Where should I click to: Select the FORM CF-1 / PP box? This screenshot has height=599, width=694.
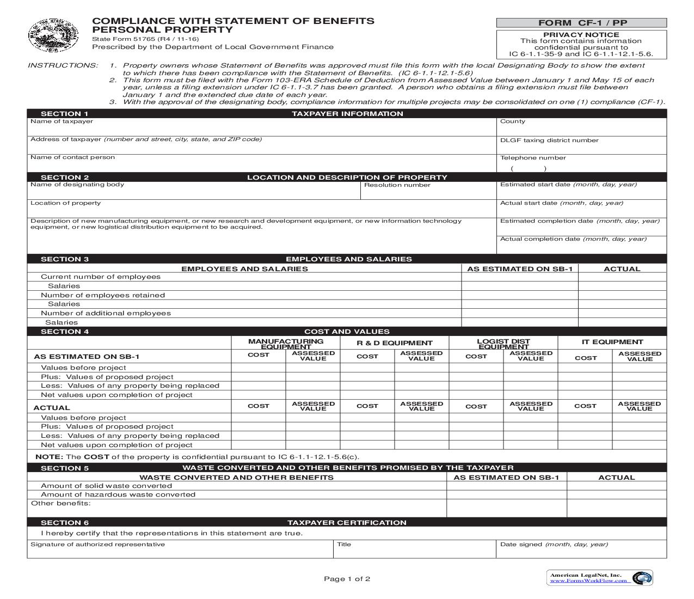[x=581, y=23]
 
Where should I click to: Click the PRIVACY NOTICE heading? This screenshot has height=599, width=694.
[x=581, y=34]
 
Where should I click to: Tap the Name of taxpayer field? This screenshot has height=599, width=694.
[x=261, y=130]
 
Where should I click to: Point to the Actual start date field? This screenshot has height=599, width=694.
[x=581, y=211]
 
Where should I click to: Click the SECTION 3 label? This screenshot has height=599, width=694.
[x=65, y=259]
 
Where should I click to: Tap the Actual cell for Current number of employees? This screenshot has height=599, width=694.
[x=622, y=277]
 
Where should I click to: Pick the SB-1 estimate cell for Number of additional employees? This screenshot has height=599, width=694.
[x=520, y=313]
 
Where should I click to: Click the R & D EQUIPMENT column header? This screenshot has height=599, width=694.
[x=395, y=343]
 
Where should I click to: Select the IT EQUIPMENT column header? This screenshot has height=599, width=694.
[x=612, y=342]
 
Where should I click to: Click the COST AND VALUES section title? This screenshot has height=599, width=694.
[x=347, y=332]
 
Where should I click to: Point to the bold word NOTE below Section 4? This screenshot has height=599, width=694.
[x=49, y=457]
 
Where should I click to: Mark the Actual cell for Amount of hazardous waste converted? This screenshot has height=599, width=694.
[x=617, y=494]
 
